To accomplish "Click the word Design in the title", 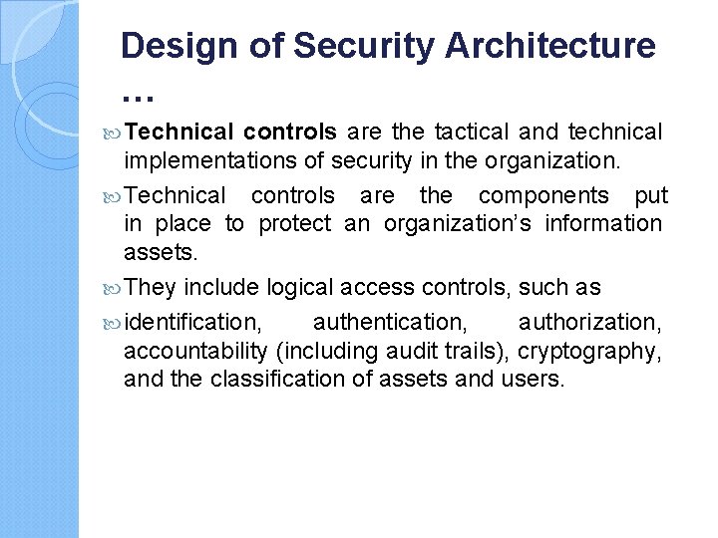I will [173, 46].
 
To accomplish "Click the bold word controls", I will [289, 132].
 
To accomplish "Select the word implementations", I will [208, 159].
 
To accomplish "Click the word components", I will [543, 195].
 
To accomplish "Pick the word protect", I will [294, 223].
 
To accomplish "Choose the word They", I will [150, 287].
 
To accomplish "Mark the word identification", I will [193, 322].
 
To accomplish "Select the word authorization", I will [589, 322].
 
